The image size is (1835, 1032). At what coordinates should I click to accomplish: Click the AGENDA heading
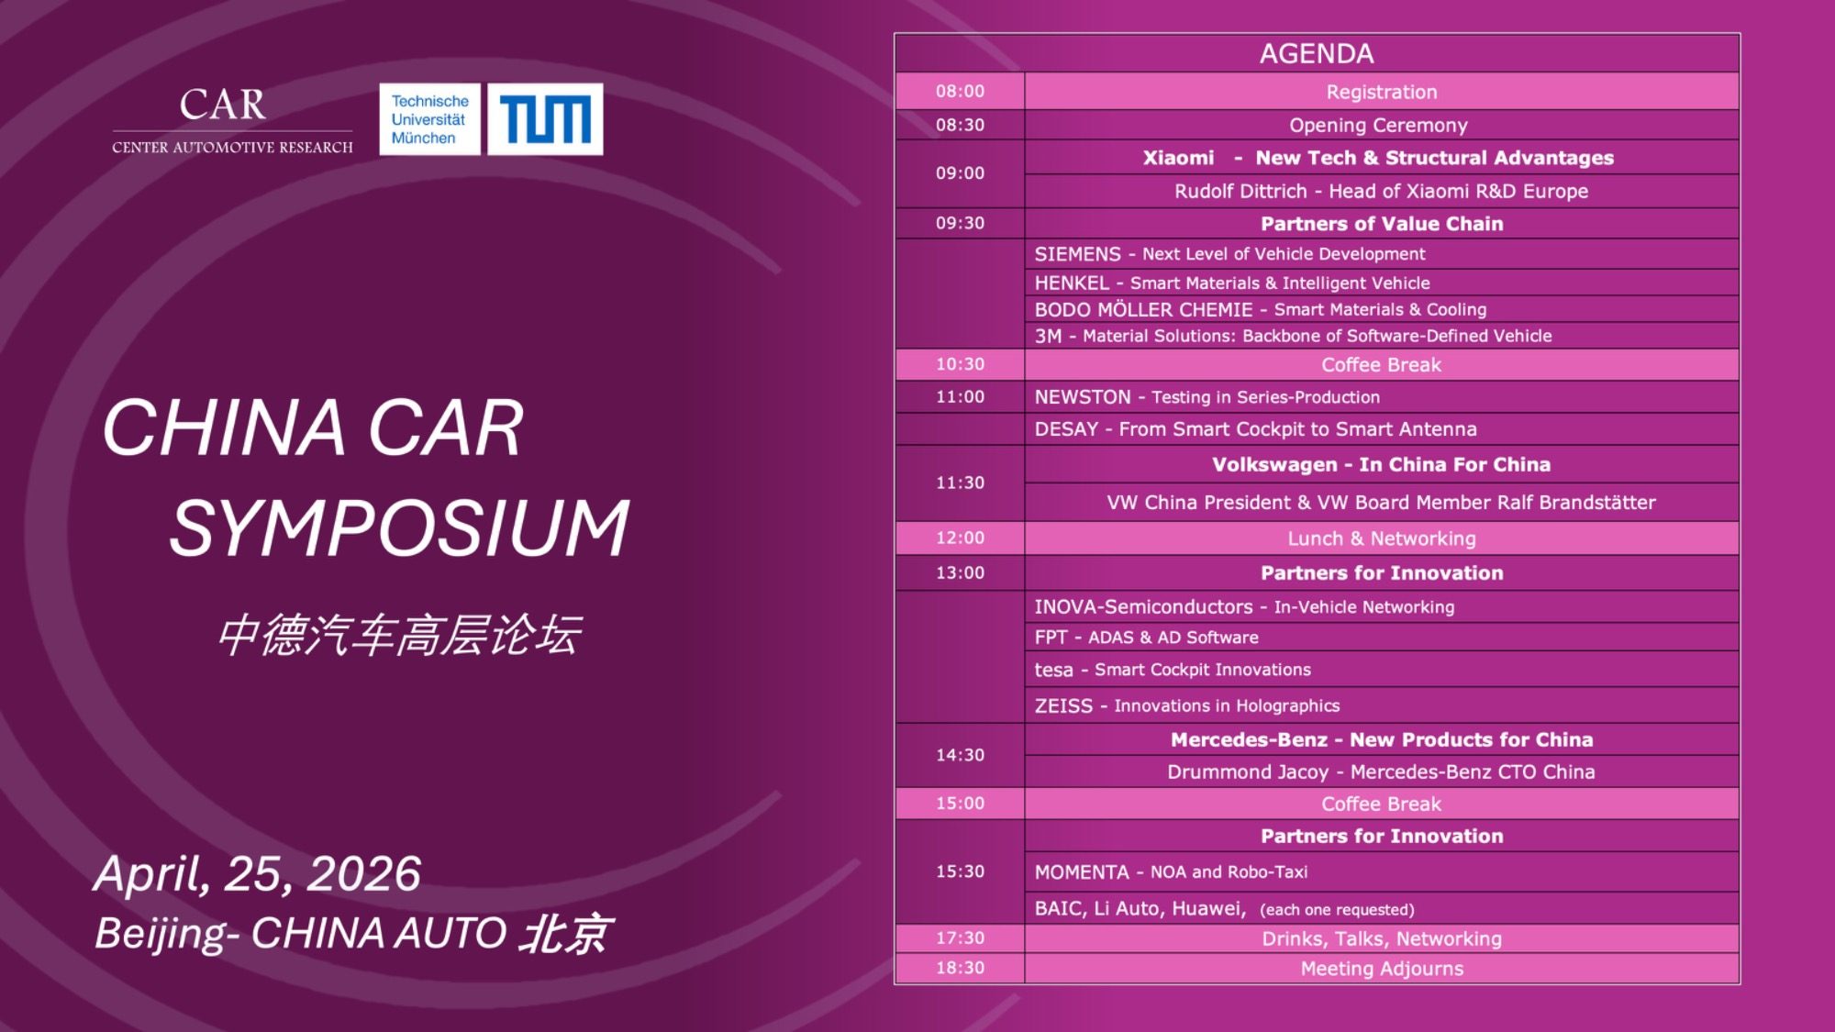click(1317, 53)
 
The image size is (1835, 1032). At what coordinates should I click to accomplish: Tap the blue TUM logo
click(545, 119)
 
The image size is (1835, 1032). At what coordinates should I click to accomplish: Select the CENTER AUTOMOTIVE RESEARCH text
click(232, 147)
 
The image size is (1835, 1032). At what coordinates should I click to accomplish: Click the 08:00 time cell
click(960, 91)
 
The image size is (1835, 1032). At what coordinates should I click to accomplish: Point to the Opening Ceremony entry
click(1378, 125)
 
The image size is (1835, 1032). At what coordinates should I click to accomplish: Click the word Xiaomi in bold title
click(1178, 158)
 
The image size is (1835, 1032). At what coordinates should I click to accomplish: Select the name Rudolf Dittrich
click(1240, 191)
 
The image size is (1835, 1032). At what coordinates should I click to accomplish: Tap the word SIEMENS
click(1077, 254)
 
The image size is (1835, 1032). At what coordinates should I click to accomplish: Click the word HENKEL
click(1072, 283)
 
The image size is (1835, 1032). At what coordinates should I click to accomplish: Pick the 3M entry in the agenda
click(1293, 336)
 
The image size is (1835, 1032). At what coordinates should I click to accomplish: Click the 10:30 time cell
click(960, 364)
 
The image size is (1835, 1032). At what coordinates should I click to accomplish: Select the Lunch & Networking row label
click(1382, 538)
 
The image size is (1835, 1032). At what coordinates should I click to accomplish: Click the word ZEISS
click(1063, 705)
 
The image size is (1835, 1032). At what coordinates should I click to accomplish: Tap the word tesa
click(1053, 670)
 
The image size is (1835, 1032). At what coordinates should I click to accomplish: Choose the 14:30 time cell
click(960, 755)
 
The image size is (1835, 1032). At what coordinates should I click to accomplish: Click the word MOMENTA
click(1082, 871)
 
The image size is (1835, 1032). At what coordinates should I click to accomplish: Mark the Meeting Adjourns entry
click(1382, 969)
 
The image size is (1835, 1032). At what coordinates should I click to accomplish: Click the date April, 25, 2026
click(258, 873)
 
